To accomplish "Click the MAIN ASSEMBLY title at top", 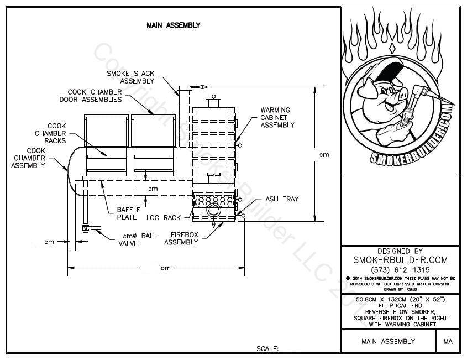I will pyautogui.click(x=173, y=25).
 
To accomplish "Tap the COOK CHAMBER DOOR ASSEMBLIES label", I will pyautogui.click(x=91, y=96).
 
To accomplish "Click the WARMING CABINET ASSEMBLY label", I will pyautogui.click(x=277, y=117).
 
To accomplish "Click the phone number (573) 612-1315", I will pyautogui.click(x=400, y=269).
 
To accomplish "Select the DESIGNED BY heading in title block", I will pyautogui.click(x=400, y=251).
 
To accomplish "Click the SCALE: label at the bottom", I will pyautogui.click(x=267, y=349).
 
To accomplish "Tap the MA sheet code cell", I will pyautogui.click(x=448, y=342).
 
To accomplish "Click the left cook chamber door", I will pyautogui.click(x=106, y=131).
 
